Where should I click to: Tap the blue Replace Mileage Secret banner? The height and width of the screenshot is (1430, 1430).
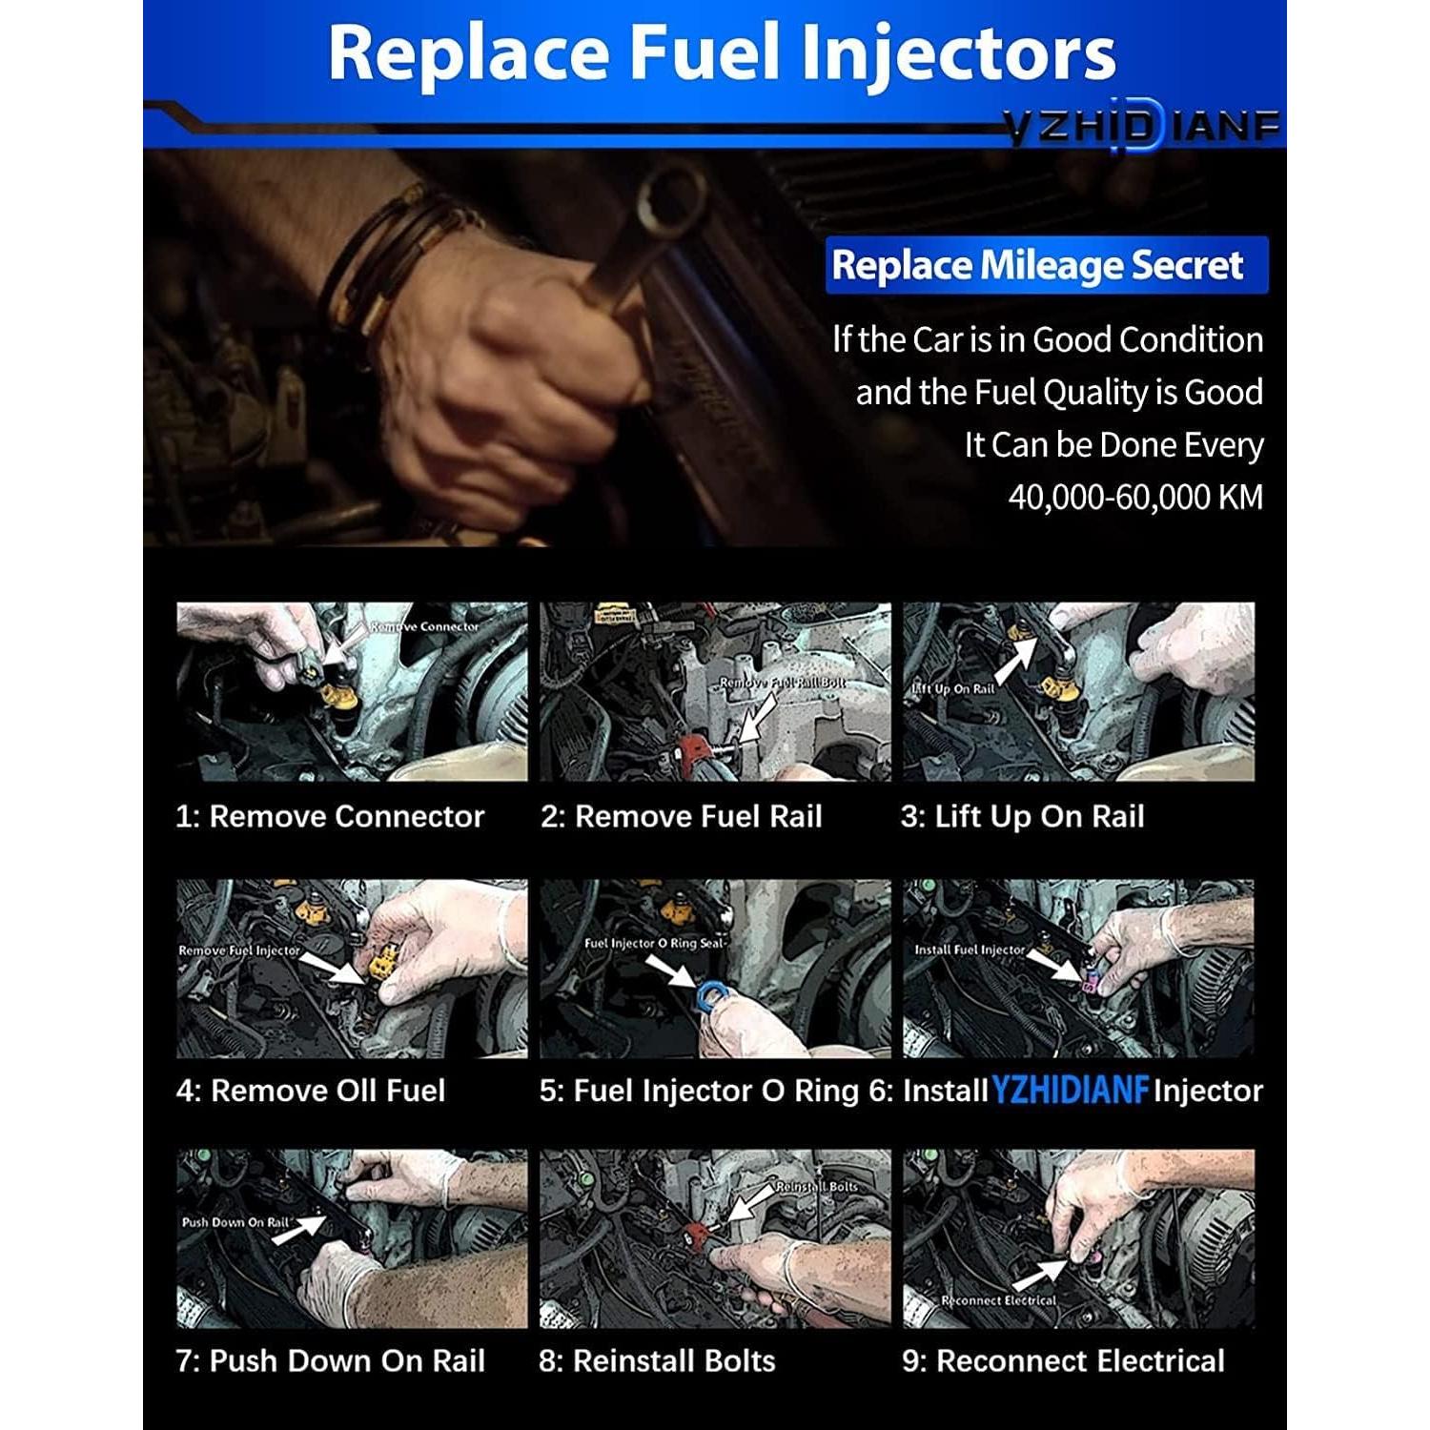[1045, 265]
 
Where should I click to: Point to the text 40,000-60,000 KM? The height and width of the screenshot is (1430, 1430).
[1134, 498]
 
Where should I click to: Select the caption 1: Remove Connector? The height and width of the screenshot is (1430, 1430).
[330, 817]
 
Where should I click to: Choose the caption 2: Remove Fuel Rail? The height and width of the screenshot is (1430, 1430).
[681, 817]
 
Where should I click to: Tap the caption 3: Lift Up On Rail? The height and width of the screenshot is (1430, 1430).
[1022, 817]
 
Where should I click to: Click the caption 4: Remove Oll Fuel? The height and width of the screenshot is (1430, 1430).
[311, 1091]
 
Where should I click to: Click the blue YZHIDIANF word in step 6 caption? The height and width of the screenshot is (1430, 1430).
[1071, 1091]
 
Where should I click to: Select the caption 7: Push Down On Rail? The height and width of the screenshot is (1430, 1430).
[331, 1361]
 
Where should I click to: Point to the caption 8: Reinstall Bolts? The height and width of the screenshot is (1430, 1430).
[657, 1361]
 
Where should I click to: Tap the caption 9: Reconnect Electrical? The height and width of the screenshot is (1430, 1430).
[1063, 1361]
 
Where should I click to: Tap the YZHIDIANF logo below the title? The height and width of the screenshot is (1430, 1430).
[1140, 127]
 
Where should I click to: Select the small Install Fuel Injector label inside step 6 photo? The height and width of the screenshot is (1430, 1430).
[969, 950]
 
